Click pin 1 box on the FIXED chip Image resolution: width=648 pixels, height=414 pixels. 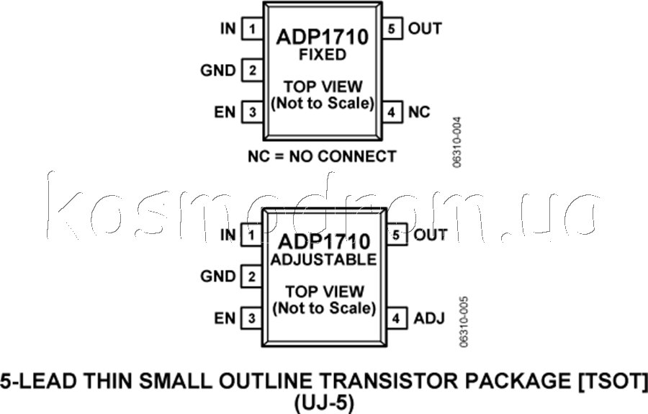tap(252, 29)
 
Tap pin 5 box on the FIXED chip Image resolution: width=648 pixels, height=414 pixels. tap(392, 29)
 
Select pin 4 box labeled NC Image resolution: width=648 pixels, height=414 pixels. tap(392, 112)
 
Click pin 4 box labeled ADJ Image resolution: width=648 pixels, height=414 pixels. tap(396, 318)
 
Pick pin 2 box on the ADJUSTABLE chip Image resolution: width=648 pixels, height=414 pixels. tap(251, 276)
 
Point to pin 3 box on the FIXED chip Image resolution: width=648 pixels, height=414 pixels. tap(252, 112)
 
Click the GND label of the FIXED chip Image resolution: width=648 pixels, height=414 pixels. tap(217, 71)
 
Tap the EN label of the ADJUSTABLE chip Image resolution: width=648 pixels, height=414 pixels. tap(225, 318)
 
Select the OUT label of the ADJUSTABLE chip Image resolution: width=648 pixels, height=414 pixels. tap(431, 235)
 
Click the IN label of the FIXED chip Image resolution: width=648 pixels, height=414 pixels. tap(228, 29)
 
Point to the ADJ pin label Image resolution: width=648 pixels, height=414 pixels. tap(429, 318)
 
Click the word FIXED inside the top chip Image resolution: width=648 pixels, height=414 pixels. tap(323, 55)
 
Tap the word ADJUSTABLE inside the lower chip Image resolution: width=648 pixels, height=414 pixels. tap(323, 259)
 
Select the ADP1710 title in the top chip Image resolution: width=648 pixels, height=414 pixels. tap(323, 37)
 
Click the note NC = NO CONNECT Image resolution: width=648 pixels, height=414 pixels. tap(322, 156)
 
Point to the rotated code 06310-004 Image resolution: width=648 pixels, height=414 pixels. tap(456, 142)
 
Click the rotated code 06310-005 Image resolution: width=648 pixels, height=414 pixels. tap(464, 321)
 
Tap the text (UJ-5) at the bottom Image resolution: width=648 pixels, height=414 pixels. tap(324, 404)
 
